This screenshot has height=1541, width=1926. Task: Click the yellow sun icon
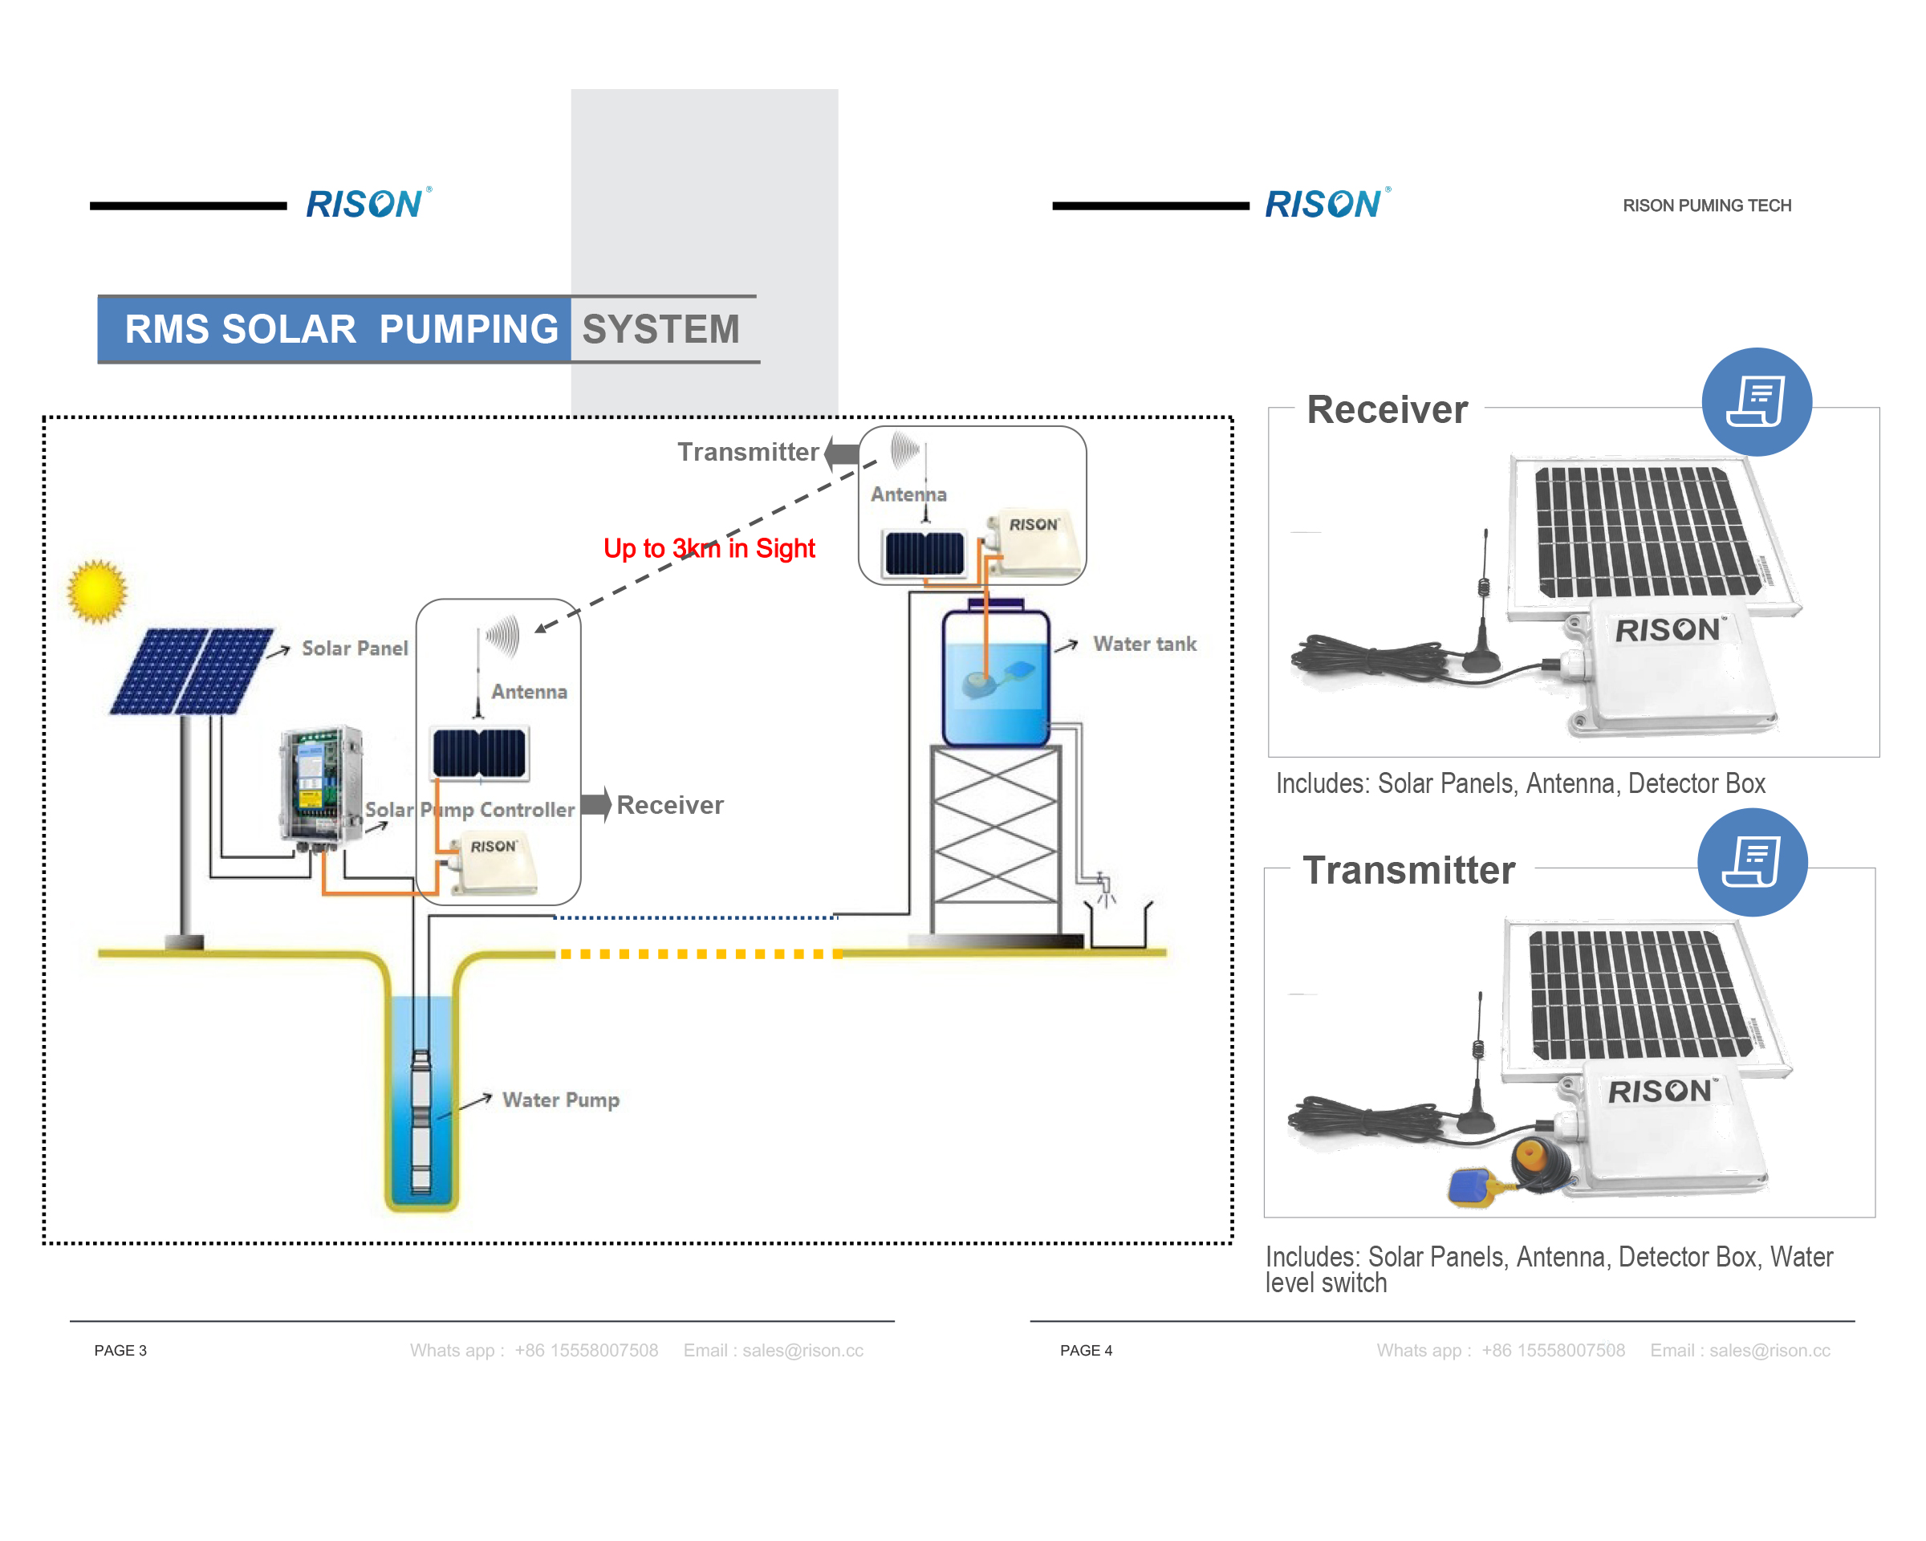tap(97, 591)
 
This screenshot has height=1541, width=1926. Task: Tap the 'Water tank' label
tap(1144, 644)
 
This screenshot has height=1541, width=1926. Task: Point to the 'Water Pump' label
tap(560, 1100)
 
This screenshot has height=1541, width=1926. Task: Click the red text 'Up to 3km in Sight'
tap(709, 547)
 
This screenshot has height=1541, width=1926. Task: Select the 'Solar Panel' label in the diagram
tap(354, 648)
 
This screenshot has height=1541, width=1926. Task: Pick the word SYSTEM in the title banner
tap(660, 329)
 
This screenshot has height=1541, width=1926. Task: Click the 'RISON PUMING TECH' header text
tap(1706, 205)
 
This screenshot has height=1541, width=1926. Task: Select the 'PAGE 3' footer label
tap(120, 1350)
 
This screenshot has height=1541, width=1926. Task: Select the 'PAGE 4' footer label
tap(1086, 1350)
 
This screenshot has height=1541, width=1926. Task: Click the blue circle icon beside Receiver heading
tap(1755, 402)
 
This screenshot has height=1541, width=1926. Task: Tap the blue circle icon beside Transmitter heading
tap(1752, 862)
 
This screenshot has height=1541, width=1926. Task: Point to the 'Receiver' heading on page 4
tap(1387, 409)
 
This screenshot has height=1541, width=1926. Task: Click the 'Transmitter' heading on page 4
tap(1408, 870)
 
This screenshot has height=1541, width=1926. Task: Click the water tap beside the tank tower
tap(1104, 886)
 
